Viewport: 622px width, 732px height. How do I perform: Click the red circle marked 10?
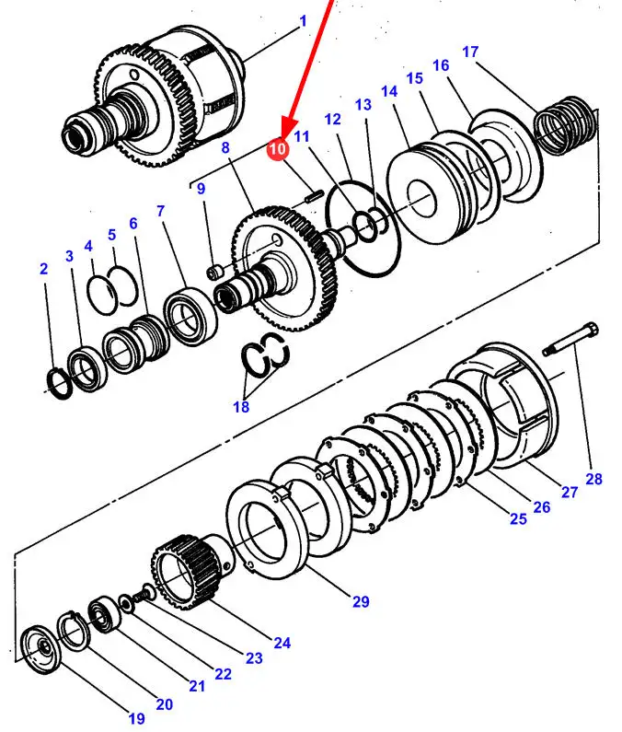[x=277, y=149]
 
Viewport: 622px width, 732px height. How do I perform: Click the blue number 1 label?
[x=304, y=21]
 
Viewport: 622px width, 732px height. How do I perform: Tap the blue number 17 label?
[x=470, y=52]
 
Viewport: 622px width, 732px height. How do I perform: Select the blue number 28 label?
[x=593, y=479]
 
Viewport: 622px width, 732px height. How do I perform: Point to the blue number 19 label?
[x=136, y=718]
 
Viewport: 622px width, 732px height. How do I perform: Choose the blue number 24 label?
[x=282, y=643]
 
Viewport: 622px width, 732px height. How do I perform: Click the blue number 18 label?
[x=241, y=407]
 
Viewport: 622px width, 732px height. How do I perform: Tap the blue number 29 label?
[x=361, y=601]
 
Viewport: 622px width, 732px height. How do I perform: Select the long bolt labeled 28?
[x=570, y=339]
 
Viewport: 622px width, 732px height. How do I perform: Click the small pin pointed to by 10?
[x=314, y=196]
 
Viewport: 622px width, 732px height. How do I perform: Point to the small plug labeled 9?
[x=214, y=273]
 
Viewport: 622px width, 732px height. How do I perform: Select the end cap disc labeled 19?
[x=41, y=649]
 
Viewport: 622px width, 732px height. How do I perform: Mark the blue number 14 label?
[x=389, y=91]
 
